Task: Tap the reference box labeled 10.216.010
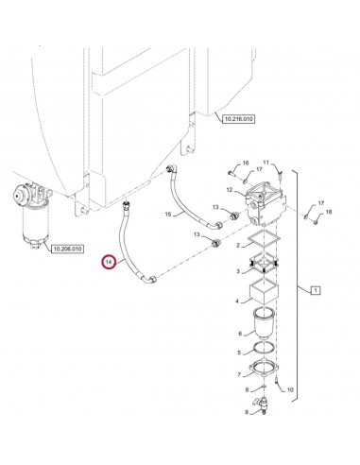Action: point(241,119)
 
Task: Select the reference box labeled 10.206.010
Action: point(65,250)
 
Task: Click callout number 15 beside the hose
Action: point(169,215)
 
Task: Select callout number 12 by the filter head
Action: point(229,191)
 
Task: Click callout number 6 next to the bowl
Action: point(242,334)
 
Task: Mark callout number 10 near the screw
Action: point(290,389)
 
